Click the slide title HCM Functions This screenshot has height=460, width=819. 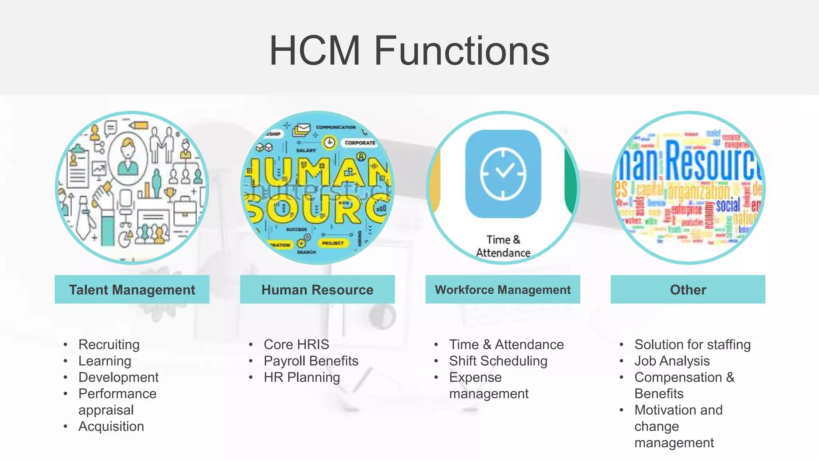[409, 51]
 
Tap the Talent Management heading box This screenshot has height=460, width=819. [132, 289]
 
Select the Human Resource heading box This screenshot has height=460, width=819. [317, 289]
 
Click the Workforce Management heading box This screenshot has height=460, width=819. [503, 289]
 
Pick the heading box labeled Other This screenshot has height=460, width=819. [688, 289]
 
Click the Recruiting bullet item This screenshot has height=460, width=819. [109, 344]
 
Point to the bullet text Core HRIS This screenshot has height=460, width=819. [296, 344]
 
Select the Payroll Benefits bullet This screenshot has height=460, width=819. [311, 361]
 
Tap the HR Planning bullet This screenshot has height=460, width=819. [302, 377]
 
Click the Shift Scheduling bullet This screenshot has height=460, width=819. [498, 361]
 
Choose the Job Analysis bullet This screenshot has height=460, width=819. [672, 361]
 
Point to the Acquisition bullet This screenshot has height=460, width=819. [111, 426]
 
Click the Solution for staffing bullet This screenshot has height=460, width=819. [692, 344]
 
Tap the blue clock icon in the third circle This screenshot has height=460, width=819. [503, 174]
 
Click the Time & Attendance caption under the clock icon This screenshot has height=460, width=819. [503, 246]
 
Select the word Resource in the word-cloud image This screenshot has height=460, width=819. [712, 162]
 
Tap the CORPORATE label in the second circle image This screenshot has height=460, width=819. [360, 143]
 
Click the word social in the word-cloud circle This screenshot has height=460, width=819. [728, 206]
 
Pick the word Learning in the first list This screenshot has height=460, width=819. [105, 361]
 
